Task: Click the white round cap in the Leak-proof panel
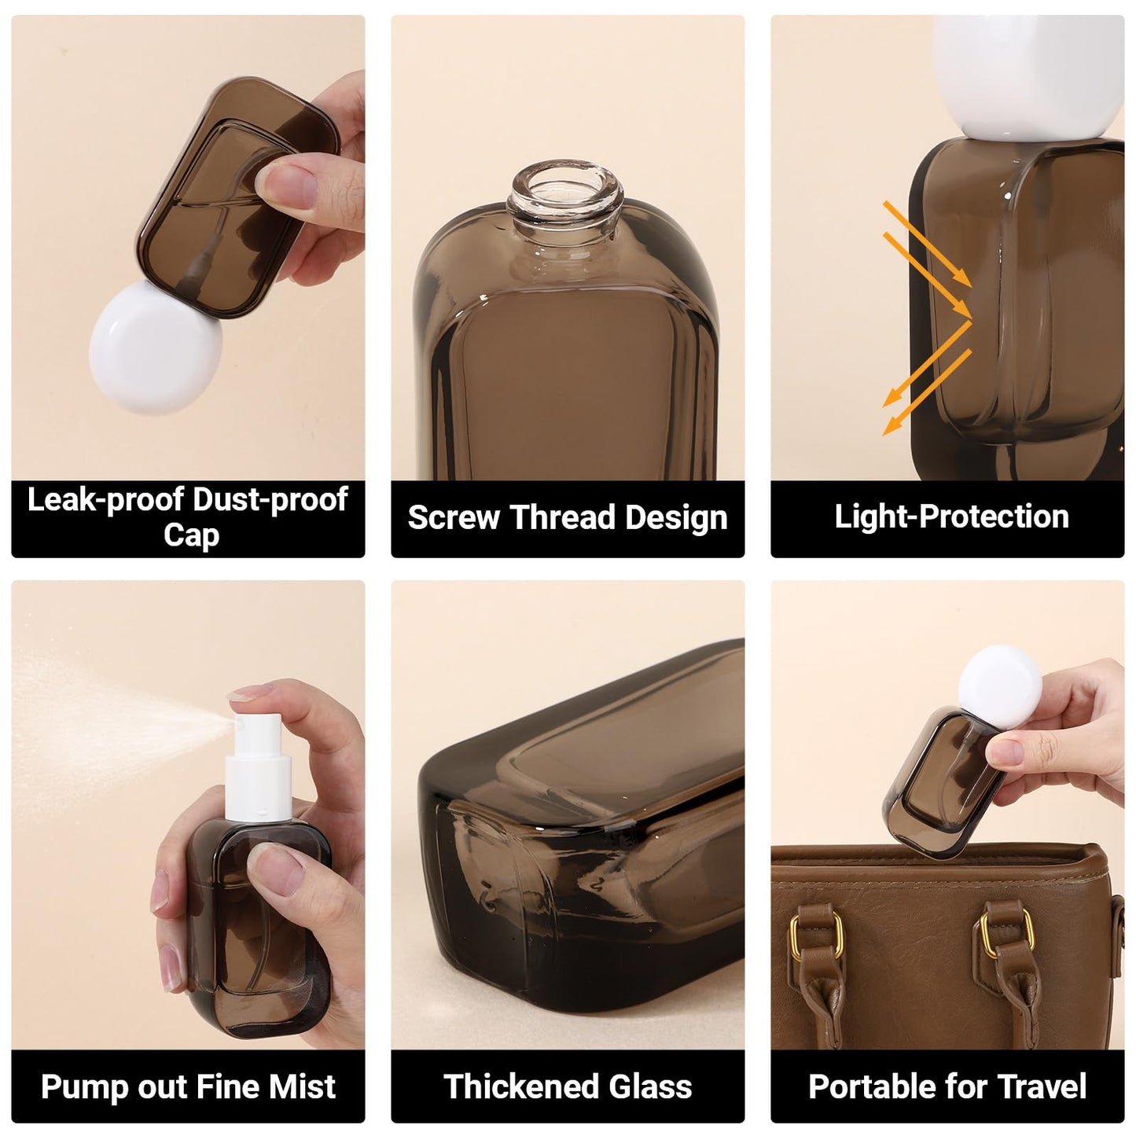point(156,347)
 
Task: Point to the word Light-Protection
point(951,517)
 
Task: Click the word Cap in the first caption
point(192,535)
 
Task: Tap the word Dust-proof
point(270,500)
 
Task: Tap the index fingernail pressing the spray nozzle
point(248,692)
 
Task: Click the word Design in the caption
point(677,517)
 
